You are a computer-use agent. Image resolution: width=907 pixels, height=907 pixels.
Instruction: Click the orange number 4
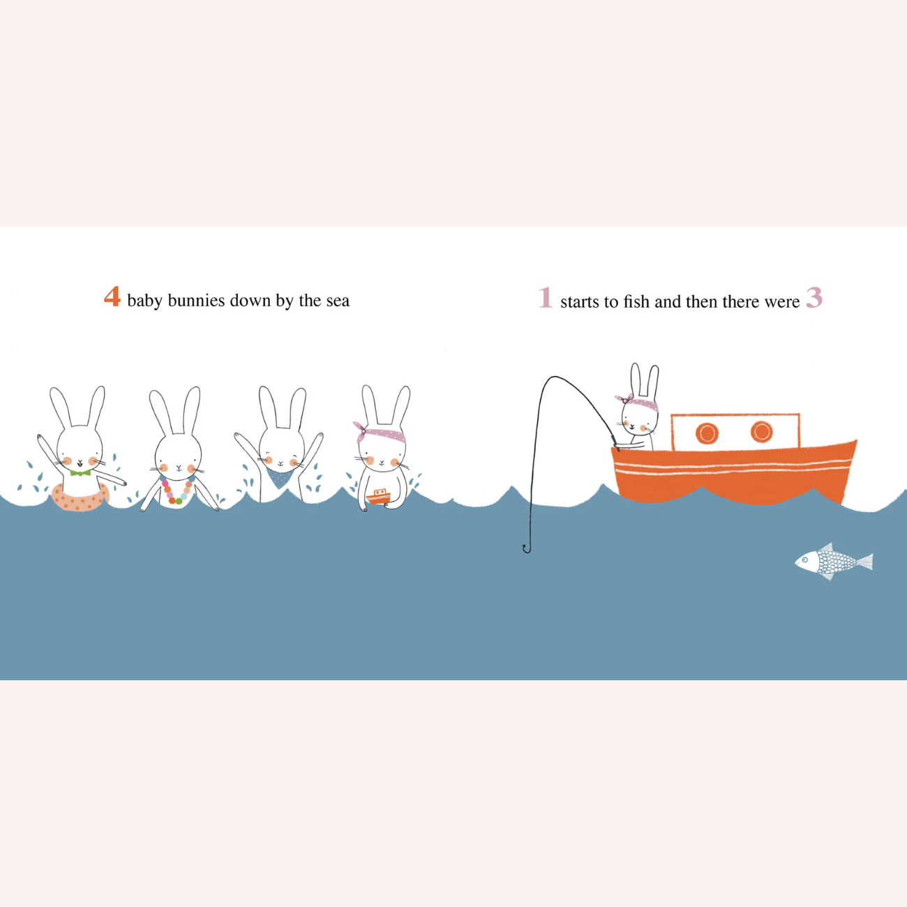(x=112, y=297)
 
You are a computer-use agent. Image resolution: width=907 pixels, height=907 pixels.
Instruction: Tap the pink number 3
(x=814, y=297)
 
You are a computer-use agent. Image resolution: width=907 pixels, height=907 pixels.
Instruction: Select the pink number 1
(x=545, y=297)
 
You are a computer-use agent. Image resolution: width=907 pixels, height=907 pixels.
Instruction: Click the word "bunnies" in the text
(x=196, y=300)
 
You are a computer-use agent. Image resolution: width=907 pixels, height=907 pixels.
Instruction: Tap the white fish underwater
(x=834, y=562)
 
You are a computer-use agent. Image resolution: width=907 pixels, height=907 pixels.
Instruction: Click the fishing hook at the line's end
(x=527, y=548)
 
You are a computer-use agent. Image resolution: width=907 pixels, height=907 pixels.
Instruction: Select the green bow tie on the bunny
(x=80, y=472)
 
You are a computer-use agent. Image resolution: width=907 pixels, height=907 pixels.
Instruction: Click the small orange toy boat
(x=378, y=496)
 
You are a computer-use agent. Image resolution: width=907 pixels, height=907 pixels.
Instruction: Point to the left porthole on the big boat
(x=707, y=433)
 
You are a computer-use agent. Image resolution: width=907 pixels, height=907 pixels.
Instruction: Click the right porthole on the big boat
(x=762, y=432)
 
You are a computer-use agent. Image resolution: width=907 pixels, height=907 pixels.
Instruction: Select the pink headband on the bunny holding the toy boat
(x=380, y=433)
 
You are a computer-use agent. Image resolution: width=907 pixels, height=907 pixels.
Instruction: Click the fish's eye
(x=805, y=560)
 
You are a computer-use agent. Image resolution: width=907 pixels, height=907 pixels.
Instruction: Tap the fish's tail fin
(x=865, y=562)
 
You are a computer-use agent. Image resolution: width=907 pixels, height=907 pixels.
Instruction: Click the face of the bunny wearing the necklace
(x=179, y=456)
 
